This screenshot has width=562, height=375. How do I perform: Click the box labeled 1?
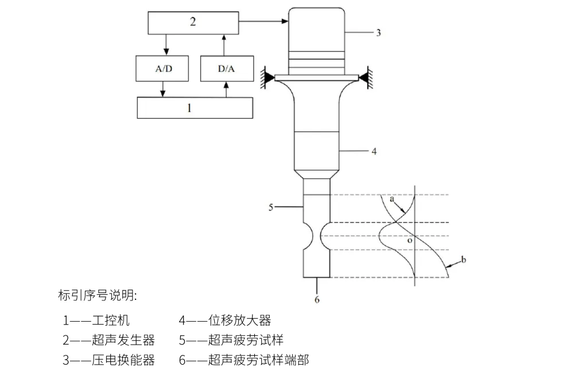click(x=195, y=108)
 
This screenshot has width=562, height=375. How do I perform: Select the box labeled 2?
click(x=193, y=22)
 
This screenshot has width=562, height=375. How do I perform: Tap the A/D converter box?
click(x=164, y=69)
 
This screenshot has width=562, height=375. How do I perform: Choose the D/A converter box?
click(x=226, y=69)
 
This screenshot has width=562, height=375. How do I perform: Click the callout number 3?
click(x=378, y=33)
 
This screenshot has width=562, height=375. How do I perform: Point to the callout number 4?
click(x=374, y=152)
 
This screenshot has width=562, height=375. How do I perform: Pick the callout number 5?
click(x=271, y=207)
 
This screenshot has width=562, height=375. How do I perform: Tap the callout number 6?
click(x=317, y=299)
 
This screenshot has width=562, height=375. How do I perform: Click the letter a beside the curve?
click(x=392, y=200)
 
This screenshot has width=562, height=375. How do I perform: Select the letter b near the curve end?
click(x=464, y=260)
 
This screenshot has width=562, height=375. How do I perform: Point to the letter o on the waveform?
click(x=409, y=241)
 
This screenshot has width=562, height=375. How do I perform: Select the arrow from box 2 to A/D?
click(x=166, y=45)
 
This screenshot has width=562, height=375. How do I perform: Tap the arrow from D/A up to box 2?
click(x=226, y=45)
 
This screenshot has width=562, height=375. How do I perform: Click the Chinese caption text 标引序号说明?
click(x=98, y=296)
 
